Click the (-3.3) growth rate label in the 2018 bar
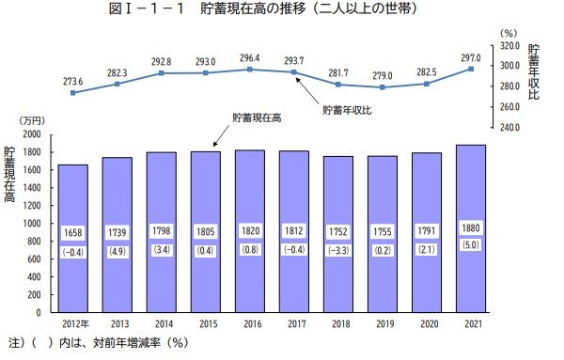coord(337,251)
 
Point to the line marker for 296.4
coord(249,70)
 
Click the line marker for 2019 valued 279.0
coord(382,87)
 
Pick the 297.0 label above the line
coord(473,55)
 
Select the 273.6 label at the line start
coord(72,79)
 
